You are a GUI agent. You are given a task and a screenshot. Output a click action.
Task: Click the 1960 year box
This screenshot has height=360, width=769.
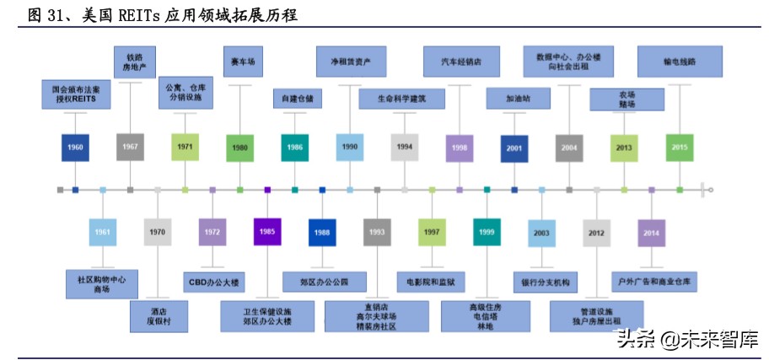[76, 148]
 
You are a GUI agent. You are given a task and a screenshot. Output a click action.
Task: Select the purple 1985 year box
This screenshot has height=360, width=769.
[267, 231]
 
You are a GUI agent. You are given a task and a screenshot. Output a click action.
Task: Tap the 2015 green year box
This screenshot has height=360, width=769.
[680, 147]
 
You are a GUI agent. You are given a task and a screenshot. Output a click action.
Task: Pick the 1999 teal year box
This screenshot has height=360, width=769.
[487, 232]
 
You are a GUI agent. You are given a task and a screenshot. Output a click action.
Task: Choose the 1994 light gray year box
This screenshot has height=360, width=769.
[405, 147]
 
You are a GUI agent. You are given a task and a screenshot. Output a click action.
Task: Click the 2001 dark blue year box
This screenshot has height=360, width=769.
[514, 148]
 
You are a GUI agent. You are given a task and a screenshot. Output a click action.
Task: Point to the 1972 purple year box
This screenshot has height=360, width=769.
[212, 231]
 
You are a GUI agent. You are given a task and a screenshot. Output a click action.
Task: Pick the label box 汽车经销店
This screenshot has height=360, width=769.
[461, 61]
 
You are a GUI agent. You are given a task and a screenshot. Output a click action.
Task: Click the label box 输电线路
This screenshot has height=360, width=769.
[680, 61]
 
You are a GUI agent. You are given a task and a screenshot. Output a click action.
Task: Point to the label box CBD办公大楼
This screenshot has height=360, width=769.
[212, 281]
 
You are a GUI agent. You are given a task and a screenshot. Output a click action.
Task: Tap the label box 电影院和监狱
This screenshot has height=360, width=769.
[432, 281]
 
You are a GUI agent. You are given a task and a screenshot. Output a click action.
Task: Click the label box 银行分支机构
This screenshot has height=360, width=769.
[542, 281]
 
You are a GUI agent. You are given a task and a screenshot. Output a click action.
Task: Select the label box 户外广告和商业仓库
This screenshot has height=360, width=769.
[653, 281]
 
